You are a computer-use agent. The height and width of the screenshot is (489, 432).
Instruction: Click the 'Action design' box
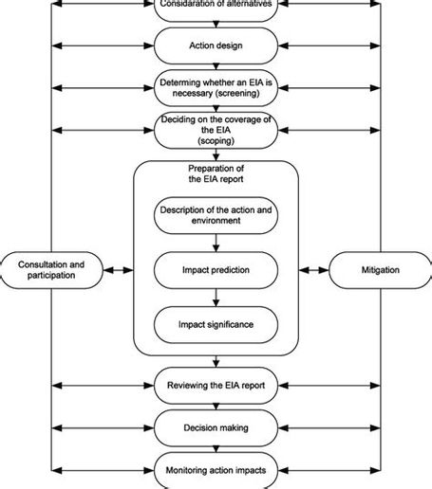tap(216, 44)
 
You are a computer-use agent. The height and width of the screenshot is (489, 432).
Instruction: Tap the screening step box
tap(216, 87)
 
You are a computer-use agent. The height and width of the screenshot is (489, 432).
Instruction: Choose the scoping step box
tap(216, 130)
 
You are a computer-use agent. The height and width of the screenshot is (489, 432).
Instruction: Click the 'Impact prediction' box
tap(216, 269)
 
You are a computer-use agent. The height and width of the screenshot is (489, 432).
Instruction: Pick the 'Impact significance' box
tap(216, 326)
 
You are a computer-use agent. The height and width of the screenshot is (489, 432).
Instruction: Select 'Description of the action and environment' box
tap(216, 215)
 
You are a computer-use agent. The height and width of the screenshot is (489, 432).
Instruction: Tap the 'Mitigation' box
tap(379, 270)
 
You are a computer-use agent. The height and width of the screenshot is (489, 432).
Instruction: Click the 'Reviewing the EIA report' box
tap(216, 386)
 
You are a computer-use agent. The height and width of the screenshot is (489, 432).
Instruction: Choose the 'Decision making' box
tap(216, 427)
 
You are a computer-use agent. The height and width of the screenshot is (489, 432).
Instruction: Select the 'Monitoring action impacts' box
tap(216, 471)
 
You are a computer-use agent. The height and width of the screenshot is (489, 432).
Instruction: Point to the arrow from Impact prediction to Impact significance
tap(216, 298)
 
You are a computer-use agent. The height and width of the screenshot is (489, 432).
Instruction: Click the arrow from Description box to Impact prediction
tap(216, 242)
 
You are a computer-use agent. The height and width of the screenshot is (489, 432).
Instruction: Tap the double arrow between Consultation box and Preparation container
tap(119, 270)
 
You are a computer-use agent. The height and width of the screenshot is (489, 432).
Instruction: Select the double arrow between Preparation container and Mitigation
tap(313, 270)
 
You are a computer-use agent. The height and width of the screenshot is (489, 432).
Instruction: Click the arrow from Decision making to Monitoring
tap(216, 449)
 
